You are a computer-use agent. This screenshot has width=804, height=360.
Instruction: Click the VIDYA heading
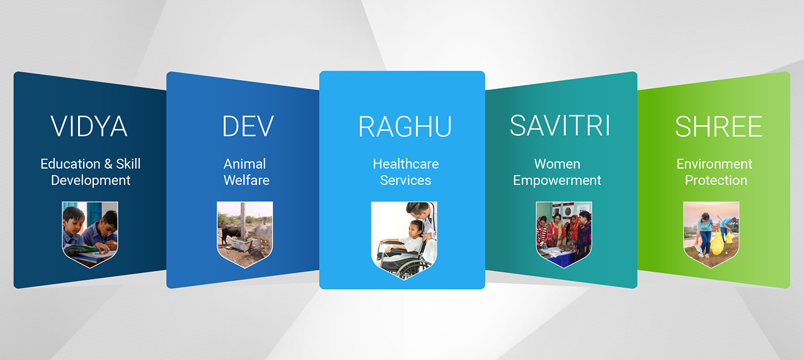coord(89,126)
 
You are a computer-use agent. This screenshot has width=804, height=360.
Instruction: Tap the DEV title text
coord(248,126)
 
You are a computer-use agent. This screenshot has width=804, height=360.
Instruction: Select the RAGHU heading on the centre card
coord(405,127)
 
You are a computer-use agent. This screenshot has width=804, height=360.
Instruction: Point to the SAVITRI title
coord(560,126)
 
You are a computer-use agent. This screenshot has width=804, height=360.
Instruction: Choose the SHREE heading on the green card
coord(719,127)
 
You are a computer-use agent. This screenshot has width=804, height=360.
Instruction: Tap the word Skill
coord(128,164)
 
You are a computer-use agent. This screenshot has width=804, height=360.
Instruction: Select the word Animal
coord(245,164)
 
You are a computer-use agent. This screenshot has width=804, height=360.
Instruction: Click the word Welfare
coord(247,180)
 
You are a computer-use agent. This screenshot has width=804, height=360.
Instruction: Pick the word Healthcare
coord(406,164)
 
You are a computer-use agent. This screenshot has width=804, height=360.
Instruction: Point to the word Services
coord(405,180)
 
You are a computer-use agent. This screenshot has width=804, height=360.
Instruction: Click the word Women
coord(557,164)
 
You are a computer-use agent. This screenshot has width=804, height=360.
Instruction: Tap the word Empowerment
coord(557,180)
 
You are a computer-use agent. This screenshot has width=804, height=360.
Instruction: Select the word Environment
coord(714,164)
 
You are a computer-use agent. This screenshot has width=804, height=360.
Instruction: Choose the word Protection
coord(716,180)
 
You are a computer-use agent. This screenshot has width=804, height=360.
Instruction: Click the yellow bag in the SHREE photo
coord(717,243)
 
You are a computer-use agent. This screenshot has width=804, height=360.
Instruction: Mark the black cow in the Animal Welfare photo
coord(231,234)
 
